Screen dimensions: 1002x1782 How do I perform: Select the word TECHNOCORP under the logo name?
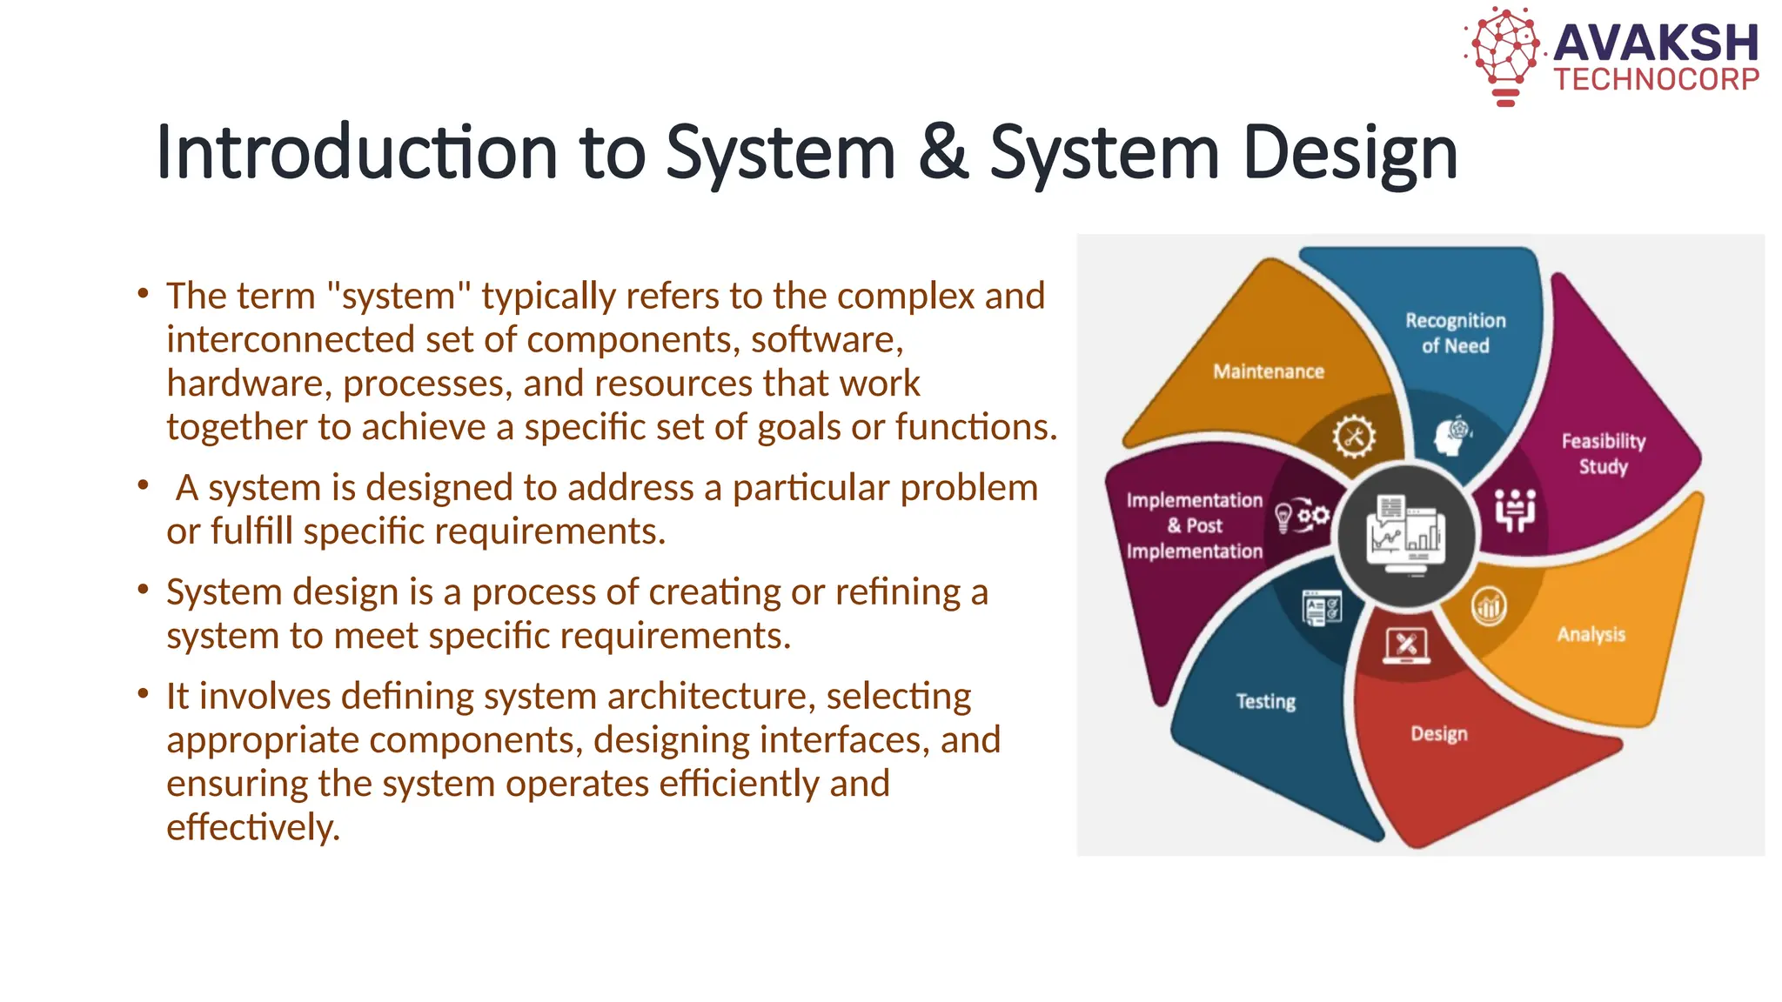coord(1657,80)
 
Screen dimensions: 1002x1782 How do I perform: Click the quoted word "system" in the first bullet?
coord(398,296)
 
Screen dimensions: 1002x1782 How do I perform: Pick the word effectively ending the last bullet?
coord(252,827)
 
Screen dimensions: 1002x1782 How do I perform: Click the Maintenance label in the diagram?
coord(1268,371)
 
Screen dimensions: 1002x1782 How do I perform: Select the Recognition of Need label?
coord(1455,333)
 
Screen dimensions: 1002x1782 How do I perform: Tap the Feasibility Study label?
coord(1603,453)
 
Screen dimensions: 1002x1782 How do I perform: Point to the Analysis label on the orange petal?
coord(1591,634)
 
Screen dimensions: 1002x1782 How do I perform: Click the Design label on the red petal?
coord(1438,733)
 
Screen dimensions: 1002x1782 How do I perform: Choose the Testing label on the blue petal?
coord(1265,701)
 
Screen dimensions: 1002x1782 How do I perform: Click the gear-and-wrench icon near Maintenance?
coord(1354,437)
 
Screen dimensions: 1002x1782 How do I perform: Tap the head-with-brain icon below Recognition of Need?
coord(1451,436)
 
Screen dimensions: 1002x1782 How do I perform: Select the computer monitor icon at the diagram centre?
coord(1406,535)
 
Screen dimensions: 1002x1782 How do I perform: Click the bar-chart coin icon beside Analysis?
coord(1489,606)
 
